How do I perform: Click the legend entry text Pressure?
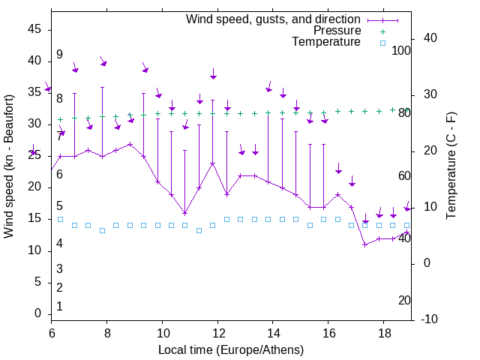click(x=337, y=31)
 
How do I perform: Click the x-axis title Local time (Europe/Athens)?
click(x=231, y=349)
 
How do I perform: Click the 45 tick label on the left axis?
click(x=34, y=29)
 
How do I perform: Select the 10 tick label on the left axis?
click(x=34, y=250)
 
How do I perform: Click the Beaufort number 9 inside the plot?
click(x=59, y=55)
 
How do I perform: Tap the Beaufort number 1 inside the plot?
click(x=59, y=306)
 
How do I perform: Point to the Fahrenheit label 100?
click(x=401, y=50)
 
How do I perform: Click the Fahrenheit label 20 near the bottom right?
click(x=404, y=300)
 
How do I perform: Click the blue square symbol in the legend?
click(x=382, y=43)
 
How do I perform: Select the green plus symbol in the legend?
click(x=382, y=31)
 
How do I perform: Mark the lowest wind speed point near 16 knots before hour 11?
click(x=184, y=213)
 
